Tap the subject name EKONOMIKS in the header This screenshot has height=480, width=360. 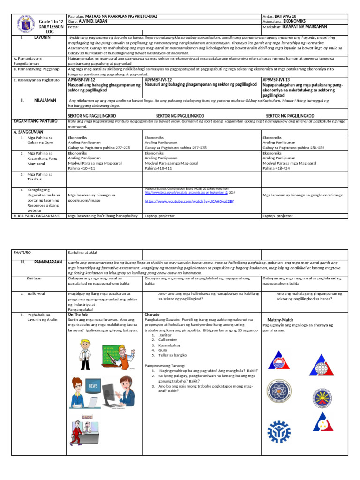tap(294, 21)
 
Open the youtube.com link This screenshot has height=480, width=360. tap(189, 201)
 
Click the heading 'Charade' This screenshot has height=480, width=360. tap(152, 315)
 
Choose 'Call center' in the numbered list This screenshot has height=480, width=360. tap(171, 341)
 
